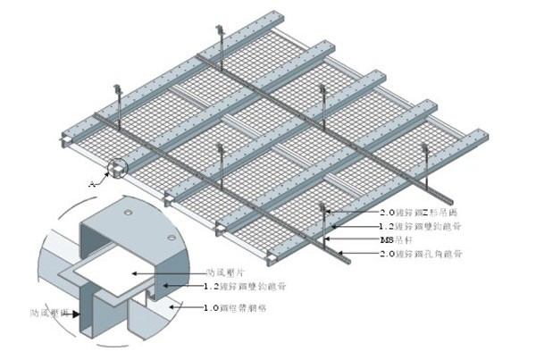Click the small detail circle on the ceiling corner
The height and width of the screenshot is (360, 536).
coord(117,169)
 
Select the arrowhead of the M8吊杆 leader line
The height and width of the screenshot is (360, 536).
coord(325,239)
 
